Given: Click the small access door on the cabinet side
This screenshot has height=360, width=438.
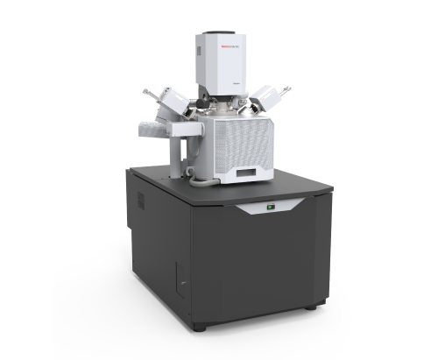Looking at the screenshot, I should (179, 279).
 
